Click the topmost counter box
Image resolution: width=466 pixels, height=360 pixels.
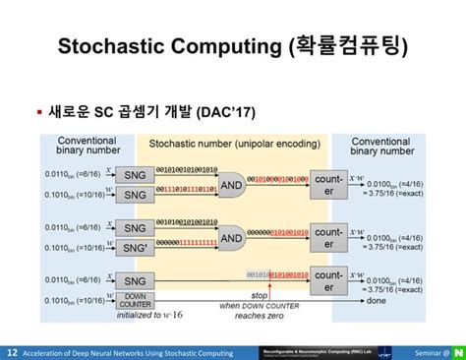(328, 185)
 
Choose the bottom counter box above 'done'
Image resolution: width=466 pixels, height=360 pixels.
(328, 282)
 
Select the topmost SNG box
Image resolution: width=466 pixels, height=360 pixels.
(135, 175)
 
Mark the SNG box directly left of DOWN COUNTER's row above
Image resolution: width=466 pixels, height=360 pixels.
(135, 281)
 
